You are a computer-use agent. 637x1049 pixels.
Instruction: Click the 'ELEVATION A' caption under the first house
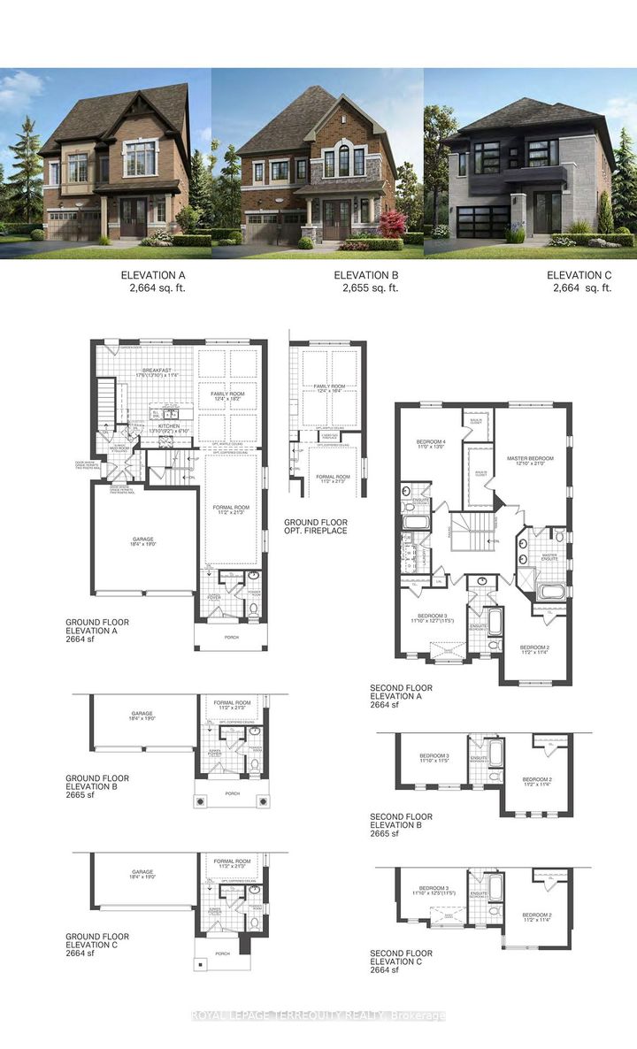pyautogui.click(x=153, y=275)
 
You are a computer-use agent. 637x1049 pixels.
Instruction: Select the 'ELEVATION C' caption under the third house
pyautogui.click(x=579, y=275)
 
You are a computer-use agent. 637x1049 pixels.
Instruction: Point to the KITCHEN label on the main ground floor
pyautogui.click(x=169, y=425)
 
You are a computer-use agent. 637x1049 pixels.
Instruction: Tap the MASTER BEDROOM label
pyautogui.click(x=529, y=459)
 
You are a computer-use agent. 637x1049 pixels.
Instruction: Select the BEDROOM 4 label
pyautogui.click(x=430, y=441)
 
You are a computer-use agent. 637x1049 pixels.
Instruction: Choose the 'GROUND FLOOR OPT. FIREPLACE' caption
pyautogui.click(x=316, y=525)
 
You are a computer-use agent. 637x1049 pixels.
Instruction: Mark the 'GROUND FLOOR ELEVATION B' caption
pyautogui.click(x=97, y=785)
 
